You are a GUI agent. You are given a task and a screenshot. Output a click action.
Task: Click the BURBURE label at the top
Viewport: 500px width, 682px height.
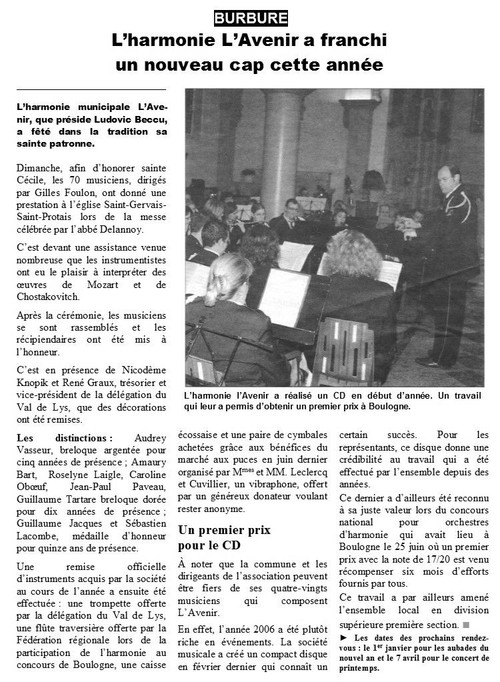242,18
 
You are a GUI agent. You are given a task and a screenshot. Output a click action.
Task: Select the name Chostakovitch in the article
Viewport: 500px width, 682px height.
48,297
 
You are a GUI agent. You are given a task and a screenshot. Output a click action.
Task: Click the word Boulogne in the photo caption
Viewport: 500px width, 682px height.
386,405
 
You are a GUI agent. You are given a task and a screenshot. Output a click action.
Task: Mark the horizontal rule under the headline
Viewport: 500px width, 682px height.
91,89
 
